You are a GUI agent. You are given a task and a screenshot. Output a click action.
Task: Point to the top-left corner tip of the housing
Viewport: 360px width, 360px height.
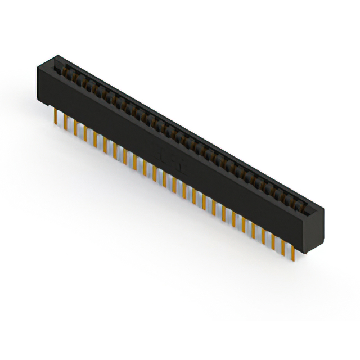click(57, 55)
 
